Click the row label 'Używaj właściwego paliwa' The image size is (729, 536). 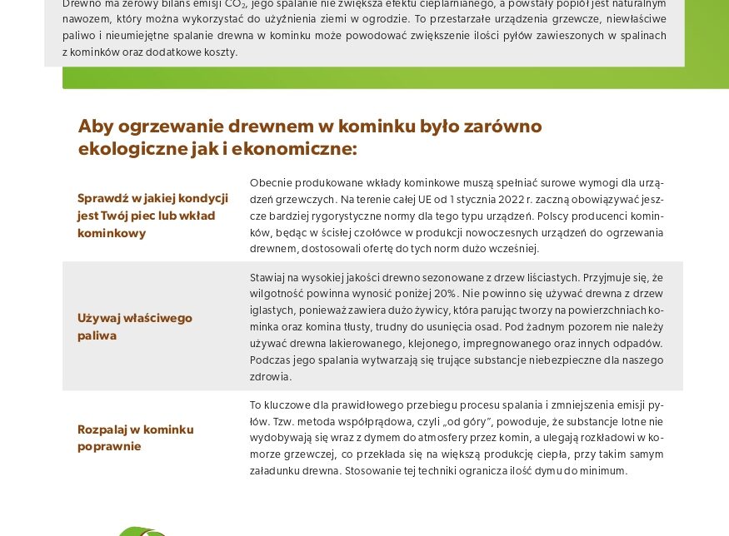(x=135, y=326)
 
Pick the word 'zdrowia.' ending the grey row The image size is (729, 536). (x=271, y=377)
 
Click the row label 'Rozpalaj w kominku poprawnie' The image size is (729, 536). (x=135, y=438)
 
